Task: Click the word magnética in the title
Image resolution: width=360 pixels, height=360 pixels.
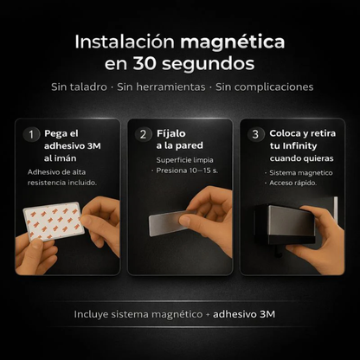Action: [x=232, y=42]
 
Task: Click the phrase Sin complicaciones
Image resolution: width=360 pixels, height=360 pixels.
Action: [x=264, y=87]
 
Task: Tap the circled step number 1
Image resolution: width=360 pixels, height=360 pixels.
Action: [x=31, y=134]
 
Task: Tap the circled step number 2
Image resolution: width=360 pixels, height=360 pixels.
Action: [x=143, y=134]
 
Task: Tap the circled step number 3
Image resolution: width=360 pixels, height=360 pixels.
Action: [x=254, y=134]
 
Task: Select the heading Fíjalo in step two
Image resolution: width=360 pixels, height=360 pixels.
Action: [x=171, y=134]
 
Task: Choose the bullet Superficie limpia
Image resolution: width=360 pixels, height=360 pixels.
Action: [x=184, y=161]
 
